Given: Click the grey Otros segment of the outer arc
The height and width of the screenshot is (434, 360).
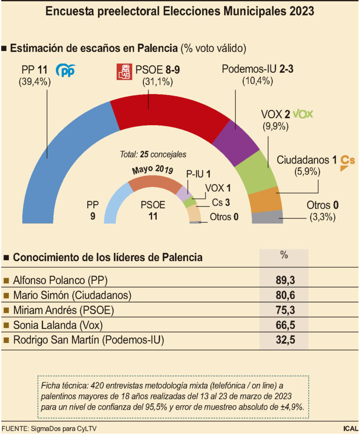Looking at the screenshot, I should tap(268, 217).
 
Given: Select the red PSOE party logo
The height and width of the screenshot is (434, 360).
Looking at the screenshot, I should tap(123, 71).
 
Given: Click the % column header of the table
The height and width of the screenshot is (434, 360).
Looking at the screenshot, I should tap(284, 255).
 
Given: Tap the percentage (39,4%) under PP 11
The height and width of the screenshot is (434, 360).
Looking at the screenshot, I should tap(35, 82).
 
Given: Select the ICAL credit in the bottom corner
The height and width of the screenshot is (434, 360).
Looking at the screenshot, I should tap(350, 428).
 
